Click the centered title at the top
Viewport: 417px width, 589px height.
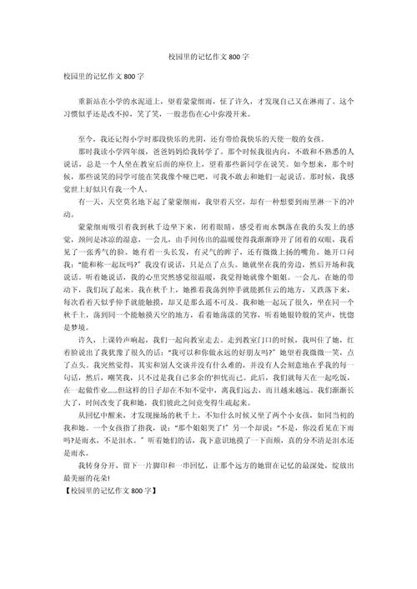(208, 52)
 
